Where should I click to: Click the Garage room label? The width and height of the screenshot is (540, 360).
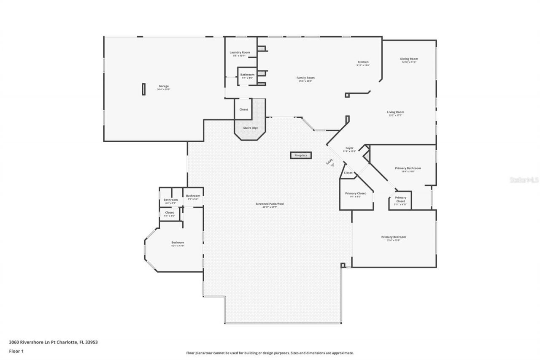(164, 86)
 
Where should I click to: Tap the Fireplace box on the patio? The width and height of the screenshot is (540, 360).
(301, 155)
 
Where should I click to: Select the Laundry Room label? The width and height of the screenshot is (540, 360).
(240, 52)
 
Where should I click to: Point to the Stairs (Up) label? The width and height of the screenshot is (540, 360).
(250, 127)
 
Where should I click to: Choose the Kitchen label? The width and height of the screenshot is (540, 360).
(363, 62)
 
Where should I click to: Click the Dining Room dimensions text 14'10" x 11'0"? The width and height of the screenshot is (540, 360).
(409, 62)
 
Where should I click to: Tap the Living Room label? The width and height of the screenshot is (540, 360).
(395, 112)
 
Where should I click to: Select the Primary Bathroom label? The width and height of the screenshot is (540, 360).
(408, 168)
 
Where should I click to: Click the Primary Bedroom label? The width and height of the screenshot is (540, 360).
(394, 237)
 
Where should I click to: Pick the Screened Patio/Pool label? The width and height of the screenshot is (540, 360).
(270, 204)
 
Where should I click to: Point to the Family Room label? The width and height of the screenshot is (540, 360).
(305, 78)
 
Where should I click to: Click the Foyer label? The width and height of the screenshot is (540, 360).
(349, 148)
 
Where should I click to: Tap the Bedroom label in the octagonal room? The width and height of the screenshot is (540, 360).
(178, 242)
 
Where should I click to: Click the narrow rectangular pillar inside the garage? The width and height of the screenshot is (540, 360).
(143, 89)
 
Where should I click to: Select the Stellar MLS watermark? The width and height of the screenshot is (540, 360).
(524, 180)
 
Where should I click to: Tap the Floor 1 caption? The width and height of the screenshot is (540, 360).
(16, 351)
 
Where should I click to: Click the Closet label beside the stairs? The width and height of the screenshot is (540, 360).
(244, 109)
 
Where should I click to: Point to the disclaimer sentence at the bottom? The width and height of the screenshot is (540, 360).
(270, 353)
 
